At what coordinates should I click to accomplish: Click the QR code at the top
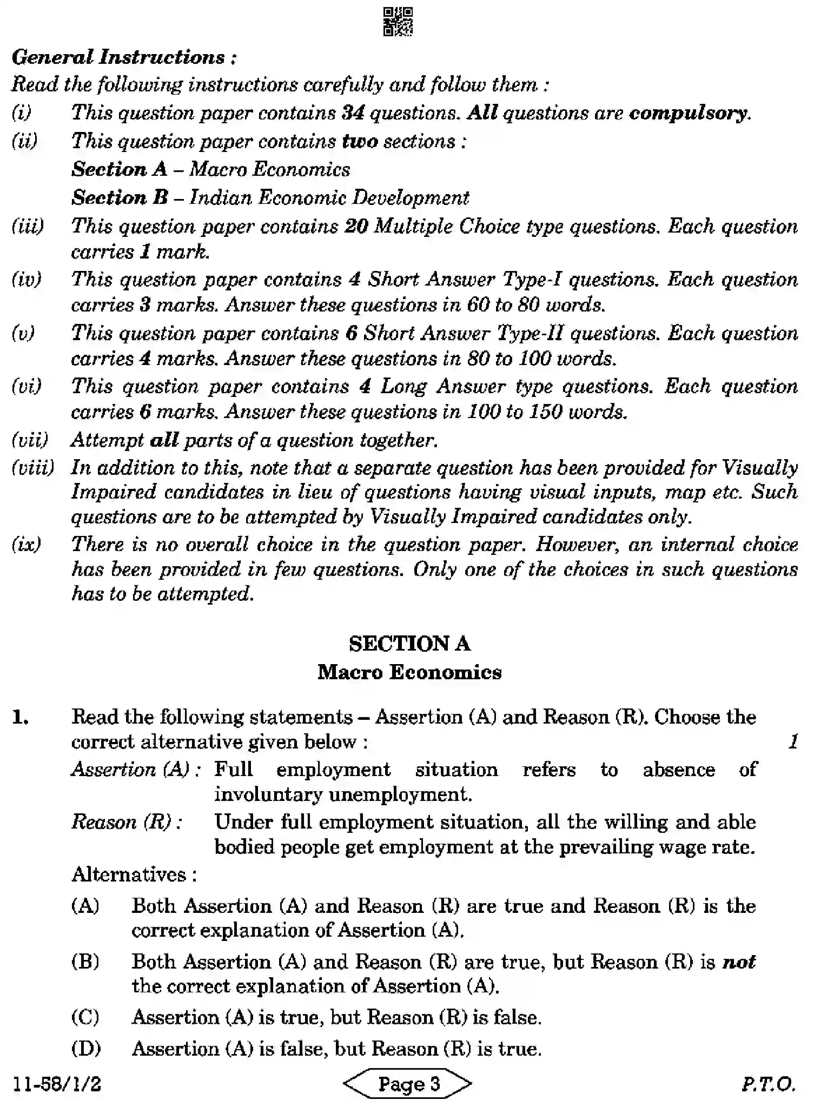pos(398,21)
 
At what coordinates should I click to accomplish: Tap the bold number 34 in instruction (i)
pos(353,113)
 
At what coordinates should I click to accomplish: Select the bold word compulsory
pos(689,113)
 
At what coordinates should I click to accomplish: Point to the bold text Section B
pos(120,197)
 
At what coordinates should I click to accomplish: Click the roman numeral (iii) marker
pos(28,226)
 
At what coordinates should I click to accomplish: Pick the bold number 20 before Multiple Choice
pos(356,226)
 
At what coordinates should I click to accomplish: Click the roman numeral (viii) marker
pos(32,468)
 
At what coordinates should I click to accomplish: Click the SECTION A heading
pos(409,644)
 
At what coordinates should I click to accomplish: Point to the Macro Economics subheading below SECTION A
pos(409,672)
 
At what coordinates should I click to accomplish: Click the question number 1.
pos(21,718)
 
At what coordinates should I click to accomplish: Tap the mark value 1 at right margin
pos(793,741)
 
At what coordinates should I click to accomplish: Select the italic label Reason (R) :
pos(127,822)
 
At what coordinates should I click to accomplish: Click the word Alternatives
pos(134,874)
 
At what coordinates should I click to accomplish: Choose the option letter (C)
pos(85,1017)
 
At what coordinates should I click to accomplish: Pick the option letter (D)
pos(85,1049)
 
